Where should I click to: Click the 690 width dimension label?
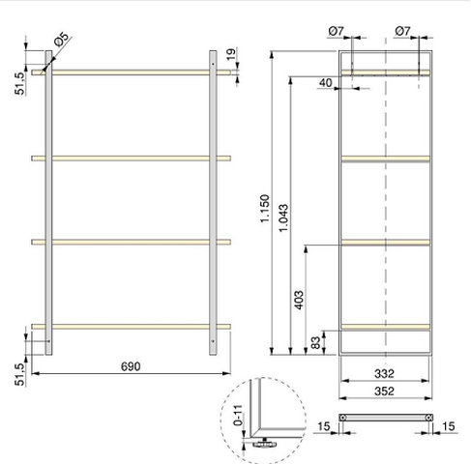[x=131, y=366]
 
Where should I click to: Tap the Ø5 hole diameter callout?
[x=62, y=40]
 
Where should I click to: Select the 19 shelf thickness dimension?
[x=231, y=54]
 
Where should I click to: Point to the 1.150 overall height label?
[x=264, y=208]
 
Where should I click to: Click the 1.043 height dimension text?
[x=283, y=217]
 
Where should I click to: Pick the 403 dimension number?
[x=299, y=300]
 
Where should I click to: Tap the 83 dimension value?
[x=316, y=343]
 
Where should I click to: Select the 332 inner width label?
[x=384, y=374]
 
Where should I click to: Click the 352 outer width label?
[x=384, y=391]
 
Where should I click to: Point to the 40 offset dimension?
[x=325, y=83]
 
